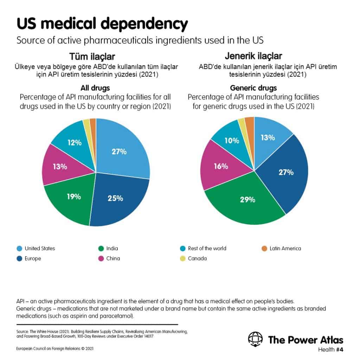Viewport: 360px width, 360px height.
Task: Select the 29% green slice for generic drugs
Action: [x=246, y=202]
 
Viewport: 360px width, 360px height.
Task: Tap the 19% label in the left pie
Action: [x=74, y=197]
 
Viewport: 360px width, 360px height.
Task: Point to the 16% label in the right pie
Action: [x=221, y=166]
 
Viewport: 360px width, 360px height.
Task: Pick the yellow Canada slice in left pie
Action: [x=87, y=125]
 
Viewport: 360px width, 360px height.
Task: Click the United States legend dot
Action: [x=20, y=249]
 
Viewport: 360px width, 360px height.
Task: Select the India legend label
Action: [x=112, y=249]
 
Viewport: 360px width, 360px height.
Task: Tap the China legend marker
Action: [x=101, y=258]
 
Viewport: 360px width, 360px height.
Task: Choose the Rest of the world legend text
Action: [x=207, y=249]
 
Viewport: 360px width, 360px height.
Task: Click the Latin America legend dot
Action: [x=264, y=249]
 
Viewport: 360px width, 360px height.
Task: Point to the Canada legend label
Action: [x=197, y=258]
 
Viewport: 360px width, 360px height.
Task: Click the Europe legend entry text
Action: [x=33, y=258]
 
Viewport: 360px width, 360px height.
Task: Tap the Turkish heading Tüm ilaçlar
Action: [x=92, y=57]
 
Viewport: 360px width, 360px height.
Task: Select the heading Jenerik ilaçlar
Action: [x=253, y=56]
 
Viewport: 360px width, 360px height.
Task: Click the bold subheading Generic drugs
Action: [x=253, y=88]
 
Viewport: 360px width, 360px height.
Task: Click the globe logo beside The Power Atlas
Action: [x=255, y=339]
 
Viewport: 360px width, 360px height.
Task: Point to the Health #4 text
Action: [x=330, y=349]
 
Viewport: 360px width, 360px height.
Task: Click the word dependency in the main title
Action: [x=144, y=24]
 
